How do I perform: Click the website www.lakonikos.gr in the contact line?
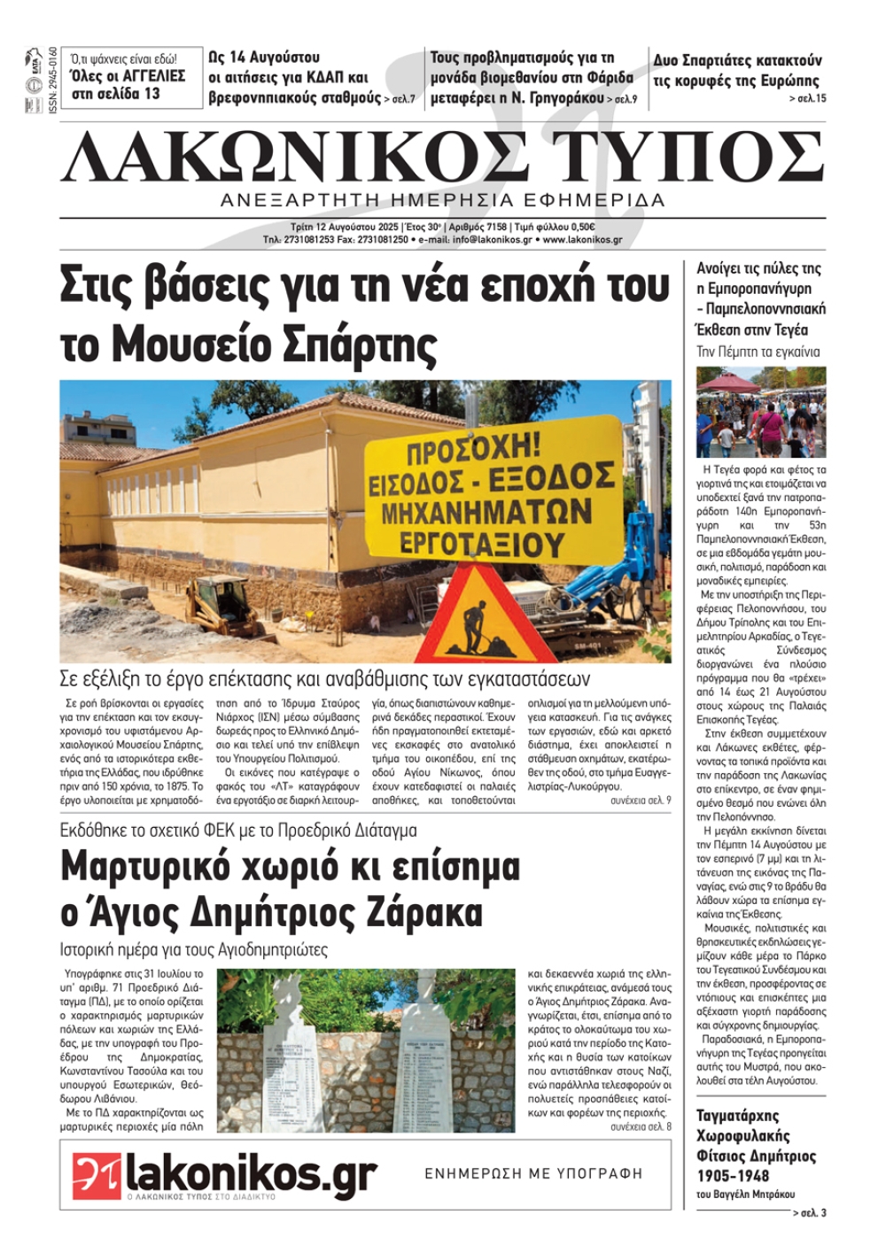[582, 240]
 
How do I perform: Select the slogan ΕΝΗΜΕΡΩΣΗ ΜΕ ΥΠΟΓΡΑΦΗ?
[533, 1173]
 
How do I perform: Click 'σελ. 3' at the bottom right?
[811, 1212]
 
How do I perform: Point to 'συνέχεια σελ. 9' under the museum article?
[640, 800]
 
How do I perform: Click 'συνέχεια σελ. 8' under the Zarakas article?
[640, 1126]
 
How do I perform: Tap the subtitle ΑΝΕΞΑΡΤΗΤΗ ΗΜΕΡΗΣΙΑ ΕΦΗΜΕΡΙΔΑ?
[442, 200]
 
